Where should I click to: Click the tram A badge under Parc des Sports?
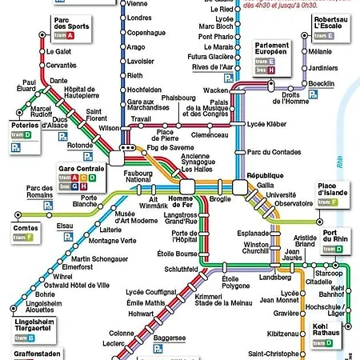(x=64, y=36)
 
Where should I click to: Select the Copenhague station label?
(x=146, y=32)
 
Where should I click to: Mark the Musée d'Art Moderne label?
(x=137, y=217)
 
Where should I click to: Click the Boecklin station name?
(x=322, y=84)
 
